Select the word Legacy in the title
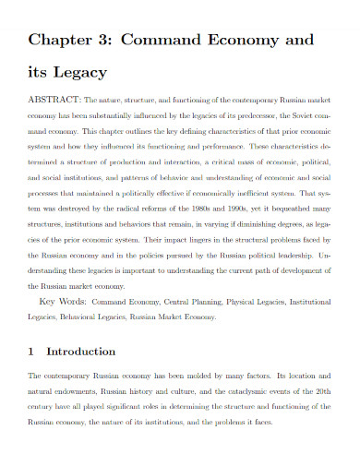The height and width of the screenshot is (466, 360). pyautogui.click(x=81, y=72)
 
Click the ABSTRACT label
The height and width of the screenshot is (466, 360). pyautogui.click(x=56, y=96)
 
